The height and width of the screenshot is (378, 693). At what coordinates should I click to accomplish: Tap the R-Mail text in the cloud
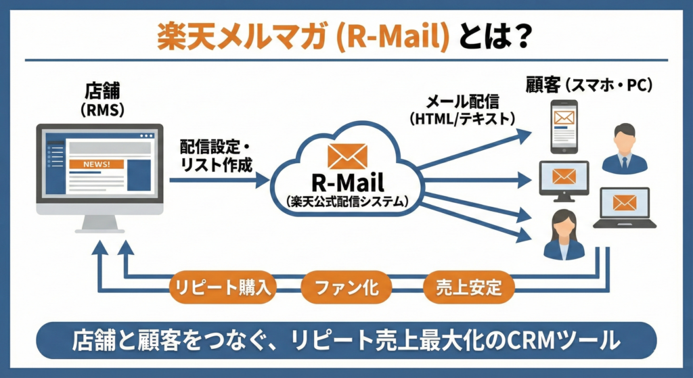pos(347,182)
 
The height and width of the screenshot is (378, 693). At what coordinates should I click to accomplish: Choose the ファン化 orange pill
pos(346,287)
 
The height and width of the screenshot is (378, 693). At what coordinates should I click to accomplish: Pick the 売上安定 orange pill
pos(469,287)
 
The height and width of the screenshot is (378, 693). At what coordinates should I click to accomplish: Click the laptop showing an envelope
pos(624,208)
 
